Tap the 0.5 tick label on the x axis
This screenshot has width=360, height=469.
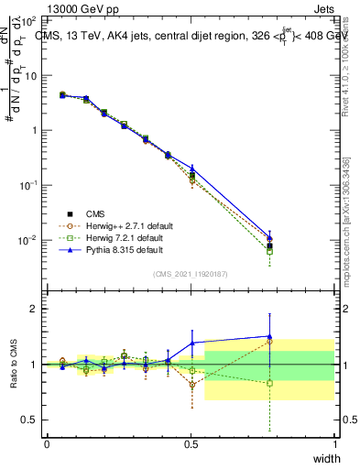click(191, 443)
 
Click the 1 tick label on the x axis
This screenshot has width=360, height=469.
click(334, 443)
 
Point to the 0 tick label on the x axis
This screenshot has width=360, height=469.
click(47, 443)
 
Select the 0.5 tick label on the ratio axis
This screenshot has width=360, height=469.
click(29, 420)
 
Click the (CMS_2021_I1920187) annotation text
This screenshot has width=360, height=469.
click(191, 274)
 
